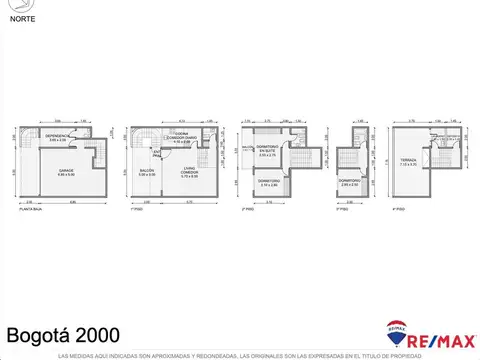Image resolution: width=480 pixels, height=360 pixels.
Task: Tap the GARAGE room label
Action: tap(66, 172)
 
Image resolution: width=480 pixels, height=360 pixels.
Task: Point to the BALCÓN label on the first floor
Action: tap(146, 173)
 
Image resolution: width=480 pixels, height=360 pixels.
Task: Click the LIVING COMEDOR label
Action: tap(188, 173)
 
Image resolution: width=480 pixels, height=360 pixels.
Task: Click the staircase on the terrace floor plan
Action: tap(437, 140)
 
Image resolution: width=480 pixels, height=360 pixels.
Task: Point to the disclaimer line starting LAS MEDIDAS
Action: tap(240, 355)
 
